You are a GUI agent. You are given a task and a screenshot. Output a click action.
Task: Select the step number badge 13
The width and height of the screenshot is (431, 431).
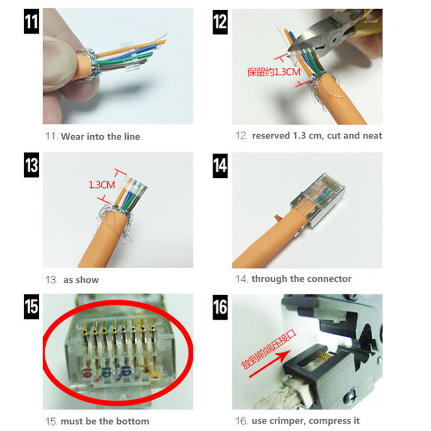[x=31, y=164]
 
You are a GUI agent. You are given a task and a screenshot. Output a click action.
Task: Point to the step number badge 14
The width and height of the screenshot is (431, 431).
[x=220, y=164]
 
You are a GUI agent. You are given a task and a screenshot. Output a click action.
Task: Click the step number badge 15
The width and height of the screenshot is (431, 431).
[x=31, y=307]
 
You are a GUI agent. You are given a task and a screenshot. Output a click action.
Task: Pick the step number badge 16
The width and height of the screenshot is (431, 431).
[x=220, y=307]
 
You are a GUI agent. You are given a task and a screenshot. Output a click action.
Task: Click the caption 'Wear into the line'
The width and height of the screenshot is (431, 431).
[x=100, y=137]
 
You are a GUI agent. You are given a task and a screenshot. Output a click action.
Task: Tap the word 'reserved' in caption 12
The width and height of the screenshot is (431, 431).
[x=271, y=136]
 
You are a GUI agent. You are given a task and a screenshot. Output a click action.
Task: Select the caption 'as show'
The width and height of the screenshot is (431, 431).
[x=81, y=280]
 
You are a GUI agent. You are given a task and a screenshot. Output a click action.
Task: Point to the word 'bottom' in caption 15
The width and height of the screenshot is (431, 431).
[x=133, y=421]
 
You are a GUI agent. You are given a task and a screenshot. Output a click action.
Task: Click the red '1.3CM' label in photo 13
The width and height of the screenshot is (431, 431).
[x=102, y=185]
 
